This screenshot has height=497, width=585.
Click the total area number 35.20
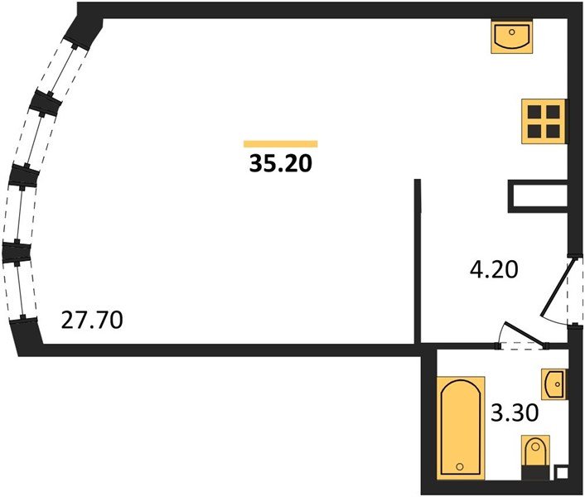[280, 164]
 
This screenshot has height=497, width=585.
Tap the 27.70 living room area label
[93, 320]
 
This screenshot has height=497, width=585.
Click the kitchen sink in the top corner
[512, 37]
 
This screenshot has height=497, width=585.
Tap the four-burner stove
[544, 121]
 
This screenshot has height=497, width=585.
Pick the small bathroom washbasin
[554, 384]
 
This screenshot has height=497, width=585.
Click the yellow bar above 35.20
[280, 143]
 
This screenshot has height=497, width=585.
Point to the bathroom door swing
[518, 335]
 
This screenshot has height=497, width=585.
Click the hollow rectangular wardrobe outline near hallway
[537, 196]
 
